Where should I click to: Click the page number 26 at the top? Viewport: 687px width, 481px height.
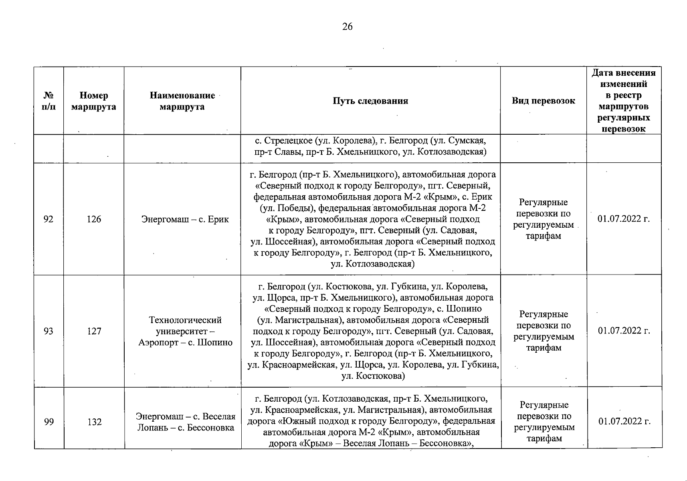click(348, 27)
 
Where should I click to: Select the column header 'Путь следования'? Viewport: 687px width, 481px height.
click(370, 101)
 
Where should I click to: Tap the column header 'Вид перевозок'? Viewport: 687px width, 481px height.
click(543, 101)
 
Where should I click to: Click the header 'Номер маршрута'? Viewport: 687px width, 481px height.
click(94, 101)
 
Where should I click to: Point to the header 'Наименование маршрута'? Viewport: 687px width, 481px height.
click(182, 101)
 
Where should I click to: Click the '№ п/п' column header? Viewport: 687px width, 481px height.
click(48, 101)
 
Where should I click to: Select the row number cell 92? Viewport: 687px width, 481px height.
click(48, 219)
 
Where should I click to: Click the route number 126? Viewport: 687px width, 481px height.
click(94, 219)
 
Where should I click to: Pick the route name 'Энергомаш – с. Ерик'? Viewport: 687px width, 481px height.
click(185, 219)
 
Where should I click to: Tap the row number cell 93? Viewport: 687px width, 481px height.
click(48, 331)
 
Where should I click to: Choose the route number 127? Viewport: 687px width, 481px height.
click(94, 331)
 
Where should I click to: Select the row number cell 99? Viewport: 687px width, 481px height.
click(48, 422)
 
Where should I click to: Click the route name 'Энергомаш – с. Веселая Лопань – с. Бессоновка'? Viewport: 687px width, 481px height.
click(185, 422)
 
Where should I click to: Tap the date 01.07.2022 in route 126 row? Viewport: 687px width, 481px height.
click(623, 219)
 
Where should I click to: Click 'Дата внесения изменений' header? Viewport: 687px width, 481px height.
click(623, 79)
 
